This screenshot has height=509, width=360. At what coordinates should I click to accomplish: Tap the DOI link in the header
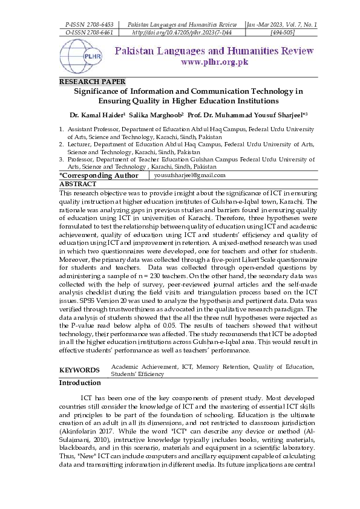point(182,32)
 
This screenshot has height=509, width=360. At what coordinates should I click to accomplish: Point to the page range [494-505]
point(283,32)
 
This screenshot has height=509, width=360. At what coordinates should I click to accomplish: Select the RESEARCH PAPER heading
point(93,81)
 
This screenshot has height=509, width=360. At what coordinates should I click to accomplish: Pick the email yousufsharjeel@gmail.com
point(189,175)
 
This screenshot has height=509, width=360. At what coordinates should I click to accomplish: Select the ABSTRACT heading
point(77,183)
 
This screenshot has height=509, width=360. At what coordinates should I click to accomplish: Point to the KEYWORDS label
point(79,370)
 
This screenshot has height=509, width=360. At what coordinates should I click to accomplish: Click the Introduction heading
point(80,383)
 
